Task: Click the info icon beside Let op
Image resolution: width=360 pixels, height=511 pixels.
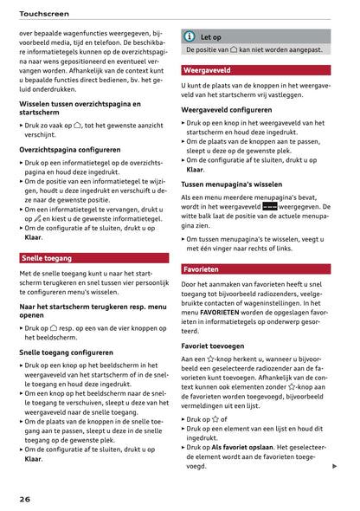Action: click(x=189, y=37)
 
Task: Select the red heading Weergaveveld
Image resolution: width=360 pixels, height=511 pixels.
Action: click(x=207, y=68)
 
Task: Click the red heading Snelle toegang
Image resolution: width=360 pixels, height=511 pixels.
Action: click(x=48, y=257)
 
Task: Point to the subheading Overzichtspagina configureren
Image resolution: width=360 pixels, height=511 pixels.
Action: click(x=70, y=150)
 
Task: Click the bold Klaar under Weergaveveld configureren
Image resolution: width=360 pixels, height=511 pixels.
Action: click(x=195, y=170)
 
